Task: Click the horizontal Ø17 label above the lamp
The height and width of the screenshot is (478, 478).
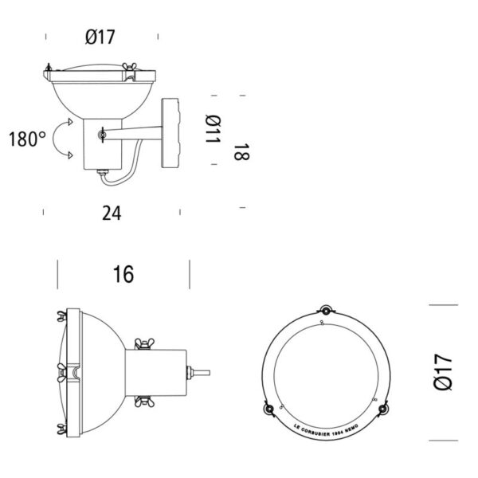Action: [x=102, y=37]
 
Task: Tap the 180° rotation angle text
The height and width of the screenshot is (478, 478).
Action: [x=27, y=139]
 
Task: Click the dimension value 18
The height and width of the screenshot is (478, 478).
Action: [x=241, y=152]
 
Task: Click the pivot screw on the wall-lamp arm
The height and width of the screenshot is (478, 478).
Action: [x=102, y=135]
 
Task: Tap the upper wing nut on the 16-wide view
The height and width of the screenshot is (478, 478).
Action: [x=146, y=343]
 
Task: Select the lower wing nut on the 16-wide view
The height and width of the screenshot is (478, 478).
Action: [x=146, y=401]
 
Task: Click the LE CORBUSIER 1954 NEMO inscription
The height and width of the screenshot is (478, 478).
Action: [x=325, y=422]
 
